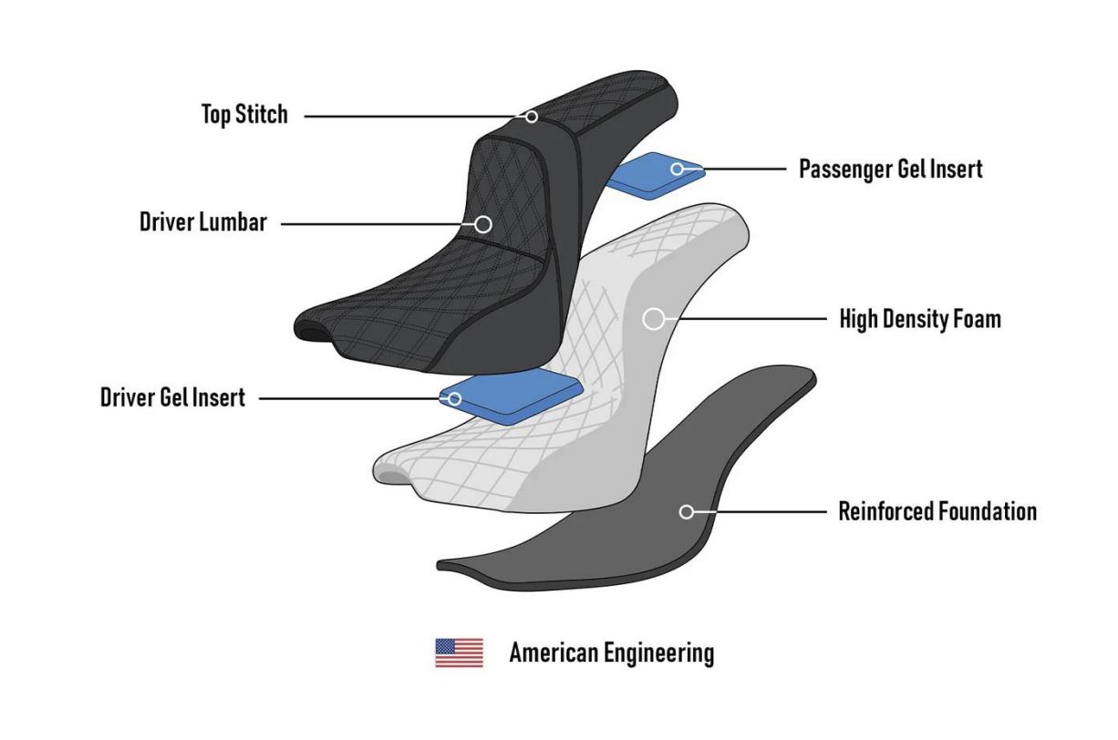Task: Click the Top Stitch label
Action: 243,115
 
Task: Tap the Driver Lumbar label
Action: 202,222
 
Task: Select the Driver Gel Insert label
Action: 172,398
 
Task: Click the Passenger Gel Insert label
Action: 890,169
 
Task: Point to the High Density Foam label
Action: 919,319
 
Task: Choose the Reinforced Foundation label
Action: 937,511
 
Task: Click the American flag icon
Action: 459,653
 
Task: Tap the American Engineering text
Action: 611,653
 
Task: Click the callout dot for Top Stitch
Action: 532,117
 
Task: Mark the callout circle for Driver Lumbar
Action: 483,223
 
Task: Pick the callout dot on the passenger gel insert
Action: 678,169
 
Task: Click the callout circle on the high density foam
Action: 653,319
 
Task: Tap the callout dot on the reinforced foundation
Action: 687,512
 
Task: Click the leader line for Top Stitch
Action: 410,117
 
